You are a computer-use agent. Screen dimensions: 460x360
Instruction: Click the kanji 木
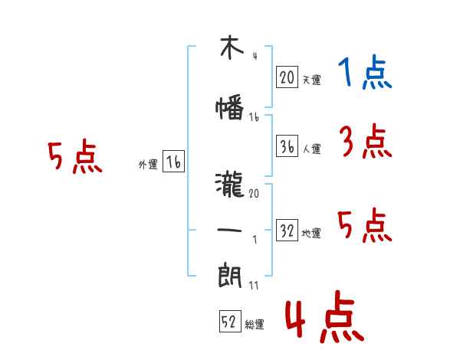(232, 47)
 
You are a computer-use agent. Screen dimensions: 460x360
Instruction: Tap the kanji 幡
(230, 107)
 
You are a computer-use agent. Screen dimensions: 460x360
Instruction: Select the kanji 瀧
(230, 185)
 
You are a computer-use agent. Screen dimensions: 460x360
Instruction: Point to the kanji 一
(229, 230)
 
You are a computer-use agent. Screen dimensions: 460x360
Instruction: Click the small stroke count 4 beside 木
(255, 56)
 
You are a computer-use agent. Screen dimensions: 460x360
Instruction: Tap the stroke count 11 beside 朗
(254, 285)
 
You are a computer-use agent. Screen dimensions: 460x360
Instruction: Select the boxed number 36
(287, 146)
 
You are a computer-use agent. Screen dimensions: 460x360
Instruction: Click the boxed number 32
(287, 231)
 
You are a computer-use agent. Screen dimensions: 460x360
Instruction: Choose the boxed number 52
(230, 322)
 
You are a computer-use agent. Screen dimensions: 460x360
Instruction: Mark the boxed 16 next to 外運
(174, 162)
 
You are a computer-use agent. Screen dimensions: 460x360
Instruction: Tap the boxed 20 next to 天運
(287, 77)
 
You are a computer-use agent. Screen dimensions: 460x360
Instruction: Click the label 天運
(312, 80)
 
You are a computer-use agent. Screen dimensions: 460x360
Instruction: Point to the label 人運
(312, 149)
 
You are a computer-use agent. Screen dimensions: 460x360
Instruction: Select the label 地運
(311, 234)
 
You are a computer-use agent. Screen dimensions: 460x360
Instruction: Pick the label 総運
(255, 325)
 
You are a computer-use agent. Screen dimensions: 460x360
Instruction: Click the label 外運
(148, 165)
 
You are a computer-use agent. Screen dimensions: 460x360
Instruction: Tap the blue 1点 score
(365, 72)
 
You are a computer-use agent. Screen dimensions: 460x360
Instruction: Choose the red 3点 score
(366, 141)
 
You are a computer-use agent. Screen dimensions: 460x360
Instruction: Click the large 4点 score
(325, 316)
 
